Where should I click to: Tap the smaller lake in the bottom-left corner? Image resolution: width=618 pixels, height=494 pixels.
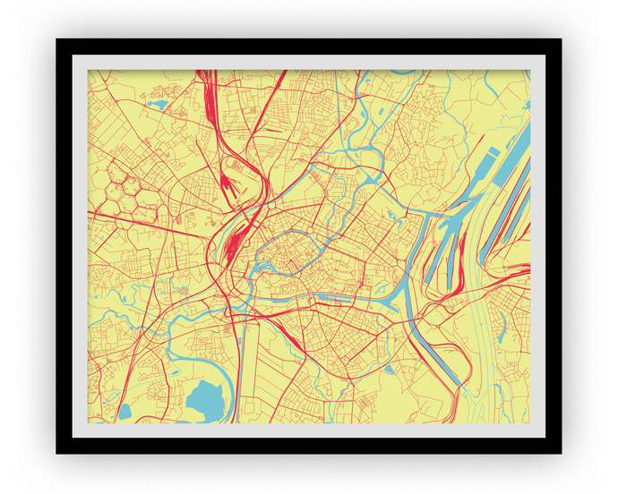pyautogui.click(x=124, y=411)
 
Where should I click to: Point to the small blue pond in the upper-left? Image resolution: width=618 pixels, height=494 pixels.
pyautogui.click(x=159, y=105)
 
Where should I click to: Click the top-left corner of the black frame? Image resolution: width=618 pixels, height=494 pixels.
pyautogui.click(x=57, y=40)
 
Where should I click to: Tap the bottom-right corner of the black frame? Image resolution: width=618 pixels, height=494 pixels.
pyautogui.click(x=560, y=452)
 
